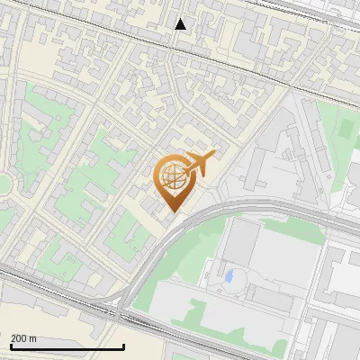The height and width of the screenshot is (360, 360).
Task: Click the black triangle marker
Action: [181, 24]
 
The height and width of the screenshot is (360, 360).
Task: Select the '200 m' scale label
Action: [23, 338]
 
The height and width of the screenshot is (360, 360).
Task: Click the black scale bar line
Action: [67, 347]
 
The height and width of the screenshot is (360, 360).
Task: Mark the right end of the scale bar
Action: [123, 346]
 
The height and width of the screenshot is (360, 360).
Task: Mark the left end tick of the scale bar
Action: [11, 346]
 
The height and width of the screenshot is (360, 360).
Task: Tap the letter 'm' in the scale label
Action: [32, 338]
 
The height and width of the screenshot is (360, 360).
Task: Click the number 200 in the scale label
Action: [18, 338]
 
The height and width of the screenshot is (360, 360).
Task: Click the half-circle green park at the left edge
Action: [4, 184]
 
